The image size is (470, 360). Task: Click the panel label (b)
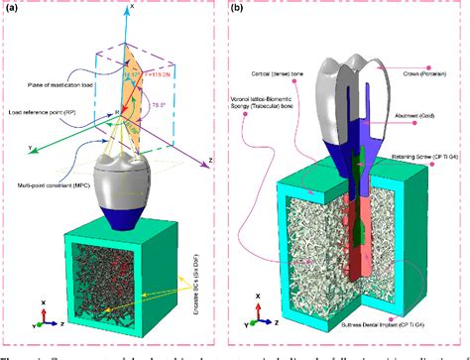pyautogui.click(x=244, y=9)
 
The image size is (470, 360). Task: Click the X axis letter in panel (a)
pyautogui.click(x=133, y=6)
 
